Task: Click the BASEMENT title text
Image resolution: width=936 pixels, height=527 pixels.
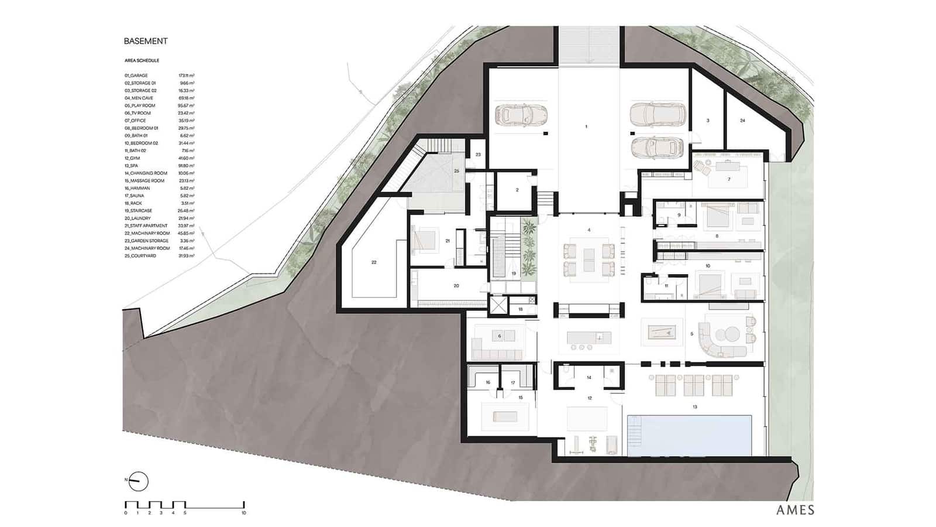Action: (146, 41)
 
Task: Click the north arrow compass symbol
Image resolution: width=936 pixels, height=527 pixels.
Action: (138, 481)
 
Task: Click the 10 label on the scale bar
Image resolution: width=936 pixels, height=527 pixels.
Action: (243, 513)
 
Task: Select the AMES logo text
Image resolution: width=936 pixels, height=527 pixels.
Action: (795, 509)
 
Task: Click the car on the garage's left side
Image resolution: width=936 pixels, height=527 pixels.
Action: (520, 115)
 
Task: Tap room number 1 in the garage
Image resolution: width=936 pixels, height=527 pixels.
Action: (586, 126)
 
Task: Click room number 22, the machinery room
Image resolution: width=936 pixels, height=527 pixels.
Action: (374, 262)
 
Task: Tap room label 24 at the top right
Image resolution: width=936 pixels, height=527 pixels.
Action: (742, 121)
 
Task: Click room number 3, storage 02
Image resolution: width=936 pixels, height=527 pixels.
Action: (708, 121)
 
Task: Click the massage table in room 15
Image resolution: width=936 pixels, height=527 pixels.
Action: (505, 416)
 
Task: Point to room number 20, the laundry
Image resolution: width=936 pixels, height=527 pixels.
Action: (456, 286)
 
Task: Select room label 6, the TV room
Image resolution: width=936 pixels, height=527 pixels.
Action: (500, 336)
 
